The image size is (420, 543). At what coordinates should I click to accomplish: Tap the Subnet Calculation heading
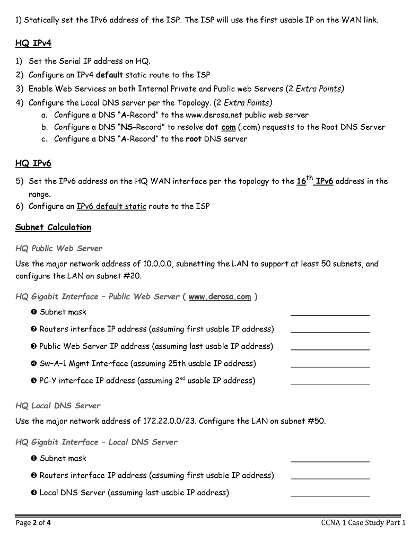(53, 227)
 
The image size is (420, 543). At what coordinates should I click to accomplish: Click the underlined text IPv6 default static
(111, 206)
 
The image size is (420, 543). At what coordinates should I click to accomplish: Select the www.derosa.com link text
(220, 296)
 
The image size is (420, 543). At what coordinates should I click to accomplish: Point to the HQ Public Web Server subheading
(59, 248)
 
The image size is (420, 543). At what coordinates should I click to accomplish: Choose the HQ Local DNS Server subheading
(58, 406)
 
